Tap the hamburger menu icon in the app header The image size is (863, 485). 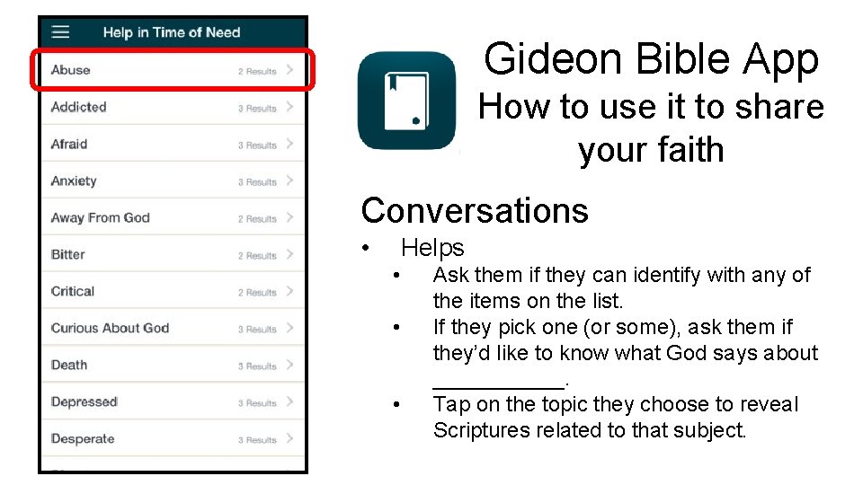(x=60, y=32)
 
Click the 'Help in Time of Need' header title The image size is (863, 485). (x=172, y=32)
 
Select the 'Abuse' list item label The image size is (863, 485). (x=71, y=70)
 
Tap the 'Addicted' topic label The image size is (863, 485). (x=79, y=107)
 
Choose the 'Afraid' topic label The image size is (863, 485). (x=69, y=144)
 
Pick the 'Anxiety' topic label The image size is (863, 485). (x=74, y=181)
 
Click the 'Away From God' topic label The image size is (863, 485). (x=101, y=217)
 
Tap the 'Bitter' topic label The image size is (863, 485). (x=68, y=254)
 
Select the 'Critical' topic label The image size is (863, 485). (x=73, y=291)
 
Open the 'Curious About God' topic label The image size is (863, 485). (x=111, y=328)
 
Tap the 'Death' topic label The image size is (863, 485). (x=69, y=365)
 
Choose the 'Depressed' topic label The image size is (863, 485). (x=85, y=401)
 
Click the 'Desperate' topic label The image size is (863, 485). (x=83, y=438)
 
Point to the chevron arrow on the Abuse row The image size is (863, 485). (x=289, y=70)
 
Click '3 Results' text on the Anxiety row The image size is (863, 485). (x=257, y=181)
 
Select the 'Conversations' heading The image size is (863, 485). (x=475, y=210)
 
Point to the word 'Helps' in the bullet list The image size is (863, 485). (x=432, y=248)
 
